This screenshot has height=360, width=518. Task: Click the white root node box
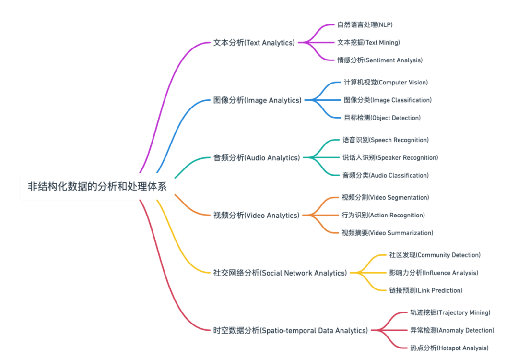pos(97,186)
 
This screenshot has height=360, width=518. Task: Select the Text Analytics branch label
pos(254,43)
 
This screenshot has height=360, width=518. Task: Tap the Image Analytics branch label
pos(257,100)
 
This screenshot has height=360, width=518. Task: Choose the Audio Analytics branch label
pos(257,157)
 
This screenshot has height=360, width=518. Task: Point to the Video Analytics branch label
pos(256,215)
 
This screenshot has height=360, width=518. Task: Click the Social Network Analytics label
pos(280,273)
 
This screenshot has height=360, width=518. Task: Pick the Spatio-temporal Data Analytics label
pos(290,330)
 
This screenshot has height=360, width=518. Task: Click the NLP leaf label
pos(365,24)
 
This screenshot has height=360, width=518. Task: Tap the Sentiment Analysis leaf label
pos(379,60)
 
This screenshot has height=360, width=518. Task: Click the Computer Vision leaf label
pos(386,83)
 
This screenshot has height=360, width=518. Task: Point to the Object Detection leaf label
pos(382,118)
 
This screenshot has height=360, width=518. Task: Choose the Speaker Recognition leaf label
pos(390,157)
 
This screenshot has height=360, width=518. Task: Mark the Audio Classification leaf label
pos(385,175)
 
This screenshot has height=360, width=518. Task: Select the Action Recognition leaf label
pos(383,215)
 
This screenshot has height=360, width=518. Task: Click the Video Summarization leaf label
pos(388,233)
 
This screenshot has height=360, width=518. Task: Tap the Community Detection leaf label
pos(435,255)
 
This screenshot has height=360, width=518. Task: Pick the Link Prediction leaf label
pos(425,290)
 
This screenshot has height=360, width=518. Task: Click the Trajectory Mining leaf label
pos(450,312)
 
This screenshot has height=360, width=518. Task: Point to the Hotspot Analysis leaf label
pos(449,348)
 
